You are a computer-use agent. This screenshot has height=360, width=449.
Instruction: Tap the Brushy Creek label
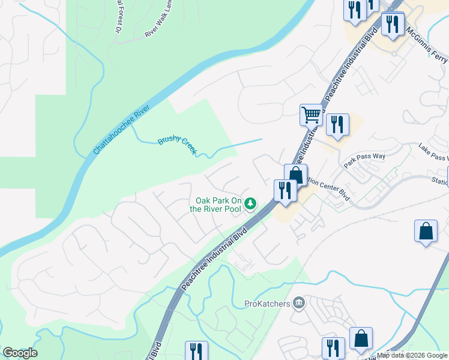[177, 145]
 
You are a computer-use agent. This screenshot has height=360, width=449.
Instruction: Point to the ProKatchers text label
[267, 304]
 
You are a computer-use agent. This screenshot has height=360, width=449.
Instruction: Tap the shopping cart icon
[311, 114]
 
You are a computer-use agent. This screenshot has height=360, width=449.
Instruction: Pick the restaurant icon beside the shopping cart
[337, 124]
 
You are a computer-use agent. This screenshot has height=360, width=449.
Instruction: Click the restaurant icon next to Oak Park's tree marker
[284, 190]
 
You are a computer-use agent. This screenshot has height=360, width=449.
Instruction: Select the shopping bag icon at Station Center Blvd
[296, 175]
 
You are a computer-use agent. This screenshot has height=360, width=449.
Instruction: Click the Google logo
[20, 353]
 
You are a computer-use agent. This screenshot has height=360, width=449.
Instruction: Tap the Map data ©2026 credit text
[412, 355]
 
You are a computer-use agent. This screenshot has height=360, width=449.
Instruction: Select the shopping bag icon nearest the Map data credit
[361, 338]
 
